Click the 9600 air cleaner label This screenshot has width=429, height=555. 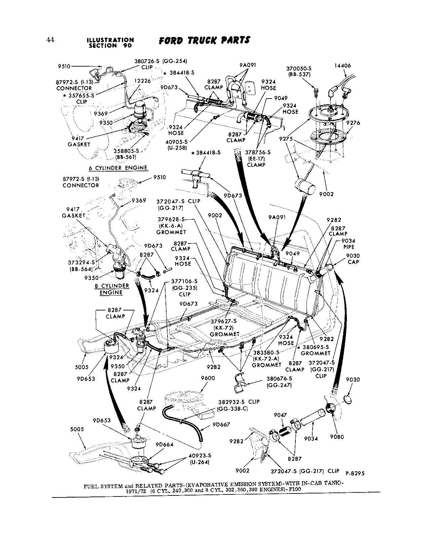coord(208,378)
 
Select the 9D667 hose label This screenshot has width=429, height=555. coord(221,424)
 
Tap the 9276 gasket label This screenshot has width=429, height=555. coord(353,123)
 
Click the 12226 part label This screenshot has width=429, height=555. coord(143,81)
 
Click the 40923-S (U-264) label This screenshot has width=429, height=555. coord(200,458)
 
